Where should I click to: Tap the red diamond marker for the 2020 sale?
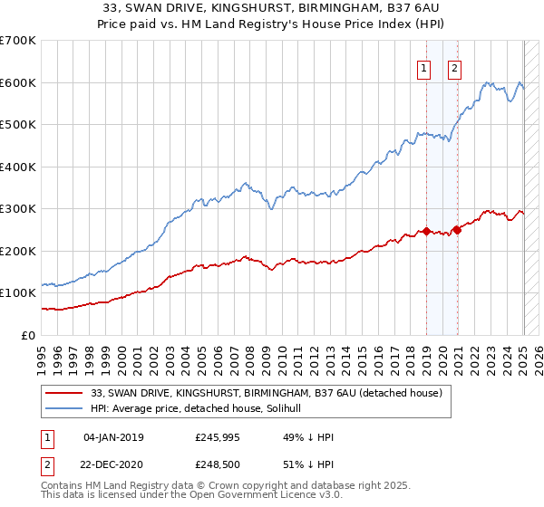click(458, 230)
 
